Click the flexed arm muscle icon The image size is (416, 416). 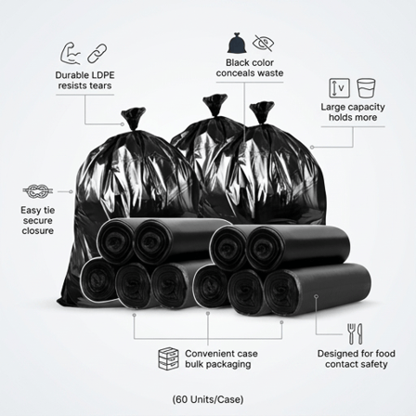click(71, 53)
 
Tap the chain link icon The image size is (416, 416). click(97, 54)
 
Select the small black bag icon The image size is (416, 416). click(237, 43)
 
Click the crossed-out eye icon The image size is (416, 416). click(264, 43)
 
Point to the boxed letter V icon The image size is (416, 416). click(339, 88)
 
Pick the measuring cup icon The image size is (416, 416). click(366, 87)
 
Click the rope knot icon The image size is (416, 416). click(36, 191)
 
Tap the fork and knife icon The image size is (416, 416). click(355, 334)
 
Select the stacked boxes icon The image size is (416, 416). click(168, 358)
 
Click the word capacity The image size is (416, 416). click(365, 108)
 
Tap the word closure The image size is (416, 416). click(38, 230)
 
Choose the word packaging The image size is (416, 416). click(228, 364)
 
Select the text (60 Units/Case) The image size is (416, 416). click(208, 399)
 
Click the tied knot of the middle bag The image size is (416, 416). click(214, 105)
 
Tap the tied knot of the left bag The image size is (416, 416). click(134, 118)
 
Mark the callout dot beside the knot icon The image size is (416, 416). click(71, 191)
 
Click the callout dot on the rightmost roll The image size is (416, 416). click(316, 296)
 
